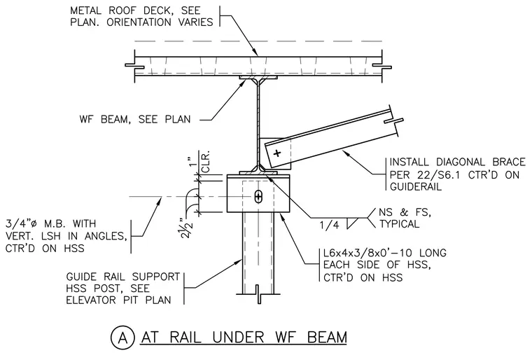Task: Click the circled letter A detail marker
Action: [122, 338]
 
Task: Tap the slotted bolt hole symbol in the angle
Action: [258, 197]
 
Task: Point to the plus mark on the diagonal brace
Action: [277, 153]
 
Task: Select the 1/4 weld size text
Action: [329, 225]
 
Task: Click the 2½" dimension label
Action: [188, 228]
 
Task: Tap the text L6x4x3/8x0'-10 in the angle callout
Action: [367, 253]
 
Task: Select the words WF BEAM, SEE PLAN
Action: [135, 119]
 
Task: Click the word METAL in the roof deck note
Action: [85, 11]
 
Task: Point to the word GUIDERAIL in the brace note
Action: [416, 186]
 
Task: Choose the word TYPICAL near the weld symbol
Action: [399, 224]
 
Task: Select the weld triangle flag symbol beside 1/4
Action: [353, 223]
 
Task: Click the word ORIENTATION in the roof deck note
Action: [139, 22]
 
